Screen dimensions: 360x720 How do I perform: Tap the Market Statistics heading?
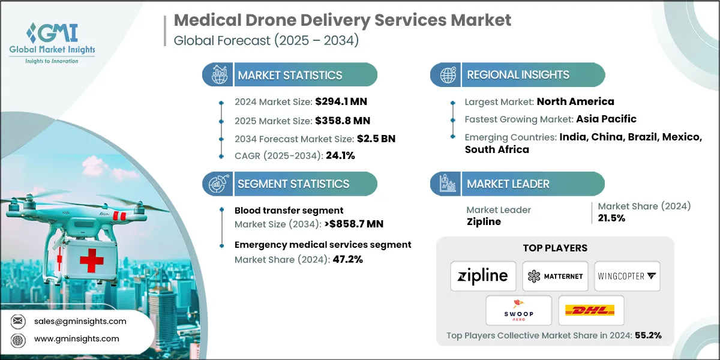point(290,75)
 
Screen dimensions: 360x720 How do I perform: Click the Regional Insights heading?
point(518,75)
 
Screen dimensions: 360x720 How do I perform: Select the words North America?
point(575,101)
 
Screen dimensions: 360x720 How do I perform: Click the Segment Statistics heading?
point(293,184)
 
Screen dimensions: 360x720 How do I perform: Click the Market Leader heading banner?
point(508,184)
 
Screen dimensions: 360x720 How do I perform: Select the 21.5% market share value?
point(611,218)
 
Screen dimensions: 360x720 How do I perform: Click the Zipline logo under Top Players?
point(482,276)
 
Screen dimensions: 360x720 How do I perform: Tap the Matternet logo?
point(554,276)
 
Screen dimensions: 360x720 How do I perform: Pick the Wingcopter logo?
point(627,276)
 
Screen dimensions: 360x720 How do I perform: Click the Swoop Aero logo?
point(518,310)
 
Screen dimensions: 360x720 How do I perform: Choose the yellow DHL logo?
point(590,310)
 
